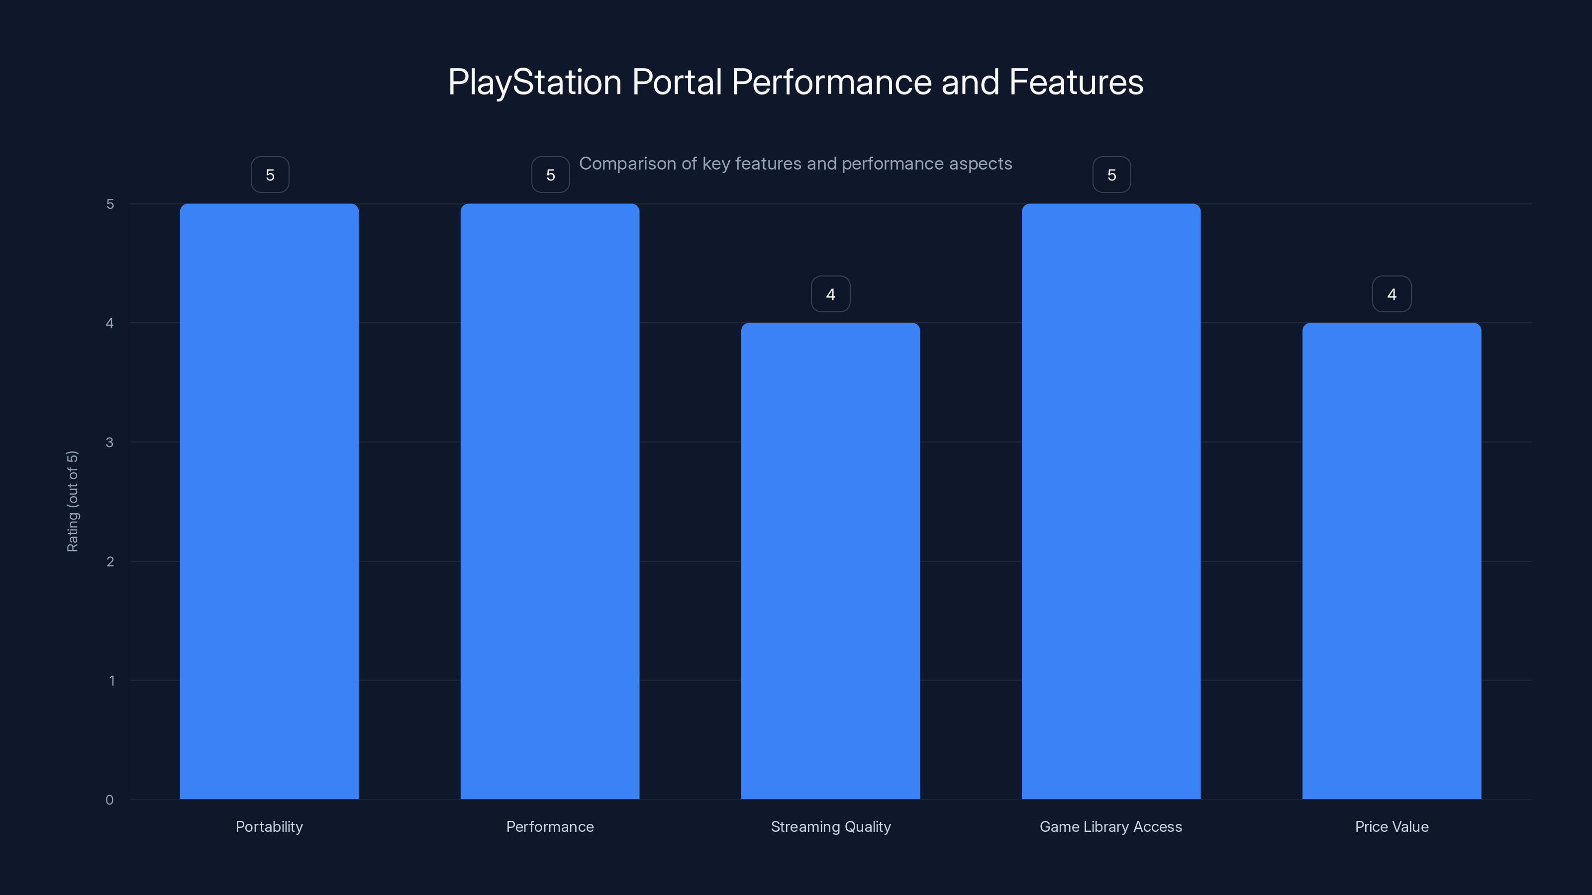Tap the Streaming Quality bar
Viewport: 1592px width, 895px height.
tap(831, 561)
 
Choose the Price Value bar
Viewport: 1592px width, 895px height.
tap(1392, 561)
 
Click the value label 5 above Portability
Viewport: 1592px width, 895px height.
tap(270, 175)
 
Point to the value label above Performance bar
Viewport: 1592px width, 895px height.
tap(551, 175)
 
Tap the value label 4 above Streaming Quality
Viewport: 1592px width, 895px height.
tap(831, 294)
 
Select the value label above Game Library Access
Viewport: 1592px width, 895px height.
tap(1112, 175)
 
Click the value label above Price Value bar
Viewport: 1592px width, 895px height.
tap(1392, 294)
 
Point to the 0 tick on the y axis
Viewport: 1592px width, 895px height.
tap(109, 800)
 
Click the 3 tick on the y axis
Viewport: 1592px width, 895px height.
tap(109, 442)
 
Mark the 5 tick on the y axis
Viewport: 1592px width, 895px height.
tap(110, 204)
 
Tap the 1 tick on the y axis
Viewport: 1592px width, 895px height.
tap(111, 681)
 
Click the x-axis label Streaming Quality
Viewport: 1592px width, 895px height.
tap(831, 826)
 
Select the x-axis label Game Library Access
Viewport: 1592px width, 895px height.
tap(1110, 826)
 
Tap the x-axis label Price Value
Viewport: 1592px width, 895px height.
tap(1392, 826)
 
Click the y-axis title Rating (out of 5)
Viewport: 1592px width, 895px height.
tap(72, 501)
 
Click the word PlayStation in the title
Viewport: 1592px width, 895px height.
tap(535, 82)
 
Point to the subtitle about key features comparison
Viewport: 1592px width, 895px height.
tap(796, 164)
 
